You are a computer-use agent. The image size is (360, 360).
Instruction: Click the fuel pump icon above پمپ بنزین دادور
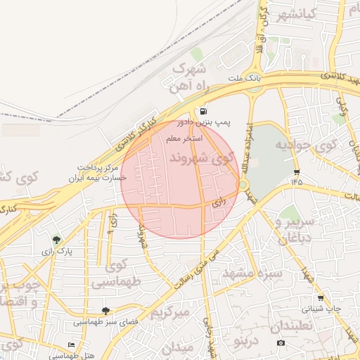202,112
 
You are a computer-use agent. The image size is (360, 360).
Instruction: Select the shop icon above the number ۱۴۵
297,172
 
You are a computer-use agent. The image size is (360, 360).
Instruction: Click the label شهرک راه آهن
188,77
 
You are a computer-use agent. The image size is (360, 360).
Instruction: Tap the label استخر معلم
184,139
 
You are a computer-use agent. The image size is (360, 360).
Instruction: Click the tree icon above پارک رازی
56,240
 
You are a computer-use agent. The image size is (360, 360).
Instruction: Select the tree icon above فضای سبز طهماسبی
105,310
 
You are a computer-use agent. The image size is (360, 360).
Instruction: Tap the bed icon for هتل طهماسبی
71,345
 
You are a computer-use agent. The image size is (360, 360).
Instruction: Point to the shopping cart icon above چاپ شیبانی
321,297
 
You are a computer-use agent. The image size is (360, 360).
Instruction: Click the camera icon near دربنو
281,343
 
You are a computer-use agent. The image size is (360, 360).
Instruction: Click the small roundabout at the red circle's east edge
243,185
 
